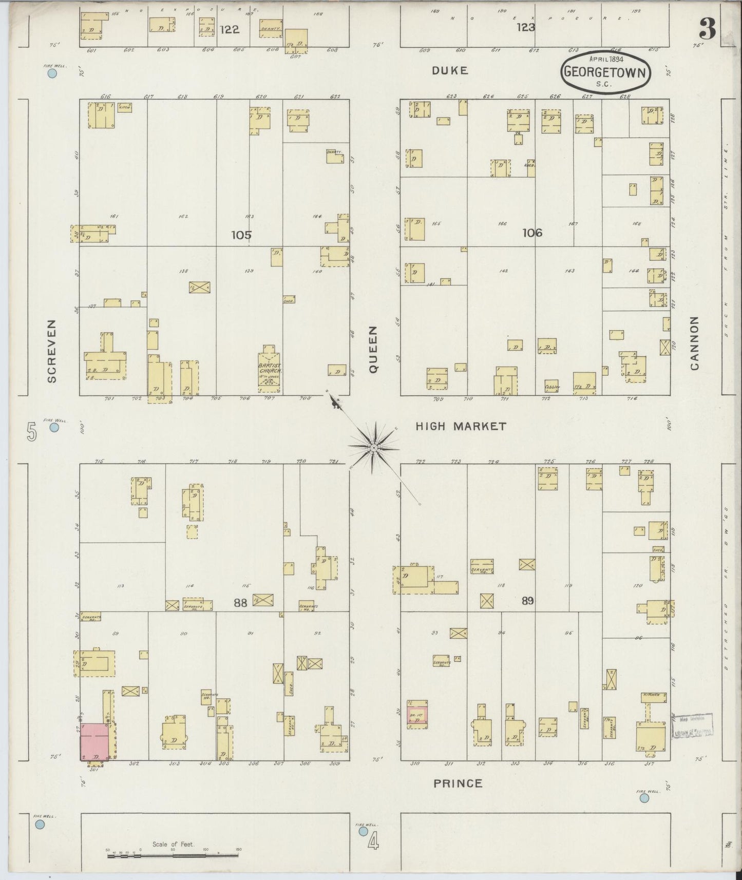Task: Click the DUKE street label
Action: pyautogui.click(x=450, y=71)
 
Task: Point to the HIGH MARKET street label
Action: pyautogui.click(x=461, y=426)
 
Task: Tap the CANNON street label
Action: pyautogui.click(x=695, y=343)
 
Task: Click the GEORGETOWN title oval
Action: pyautogui.click(x=605, y=72)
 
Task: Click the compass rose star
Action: pyautogui.click(x=374, y=448)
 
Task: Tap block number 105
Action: pyautogui.click(x=241, y=235)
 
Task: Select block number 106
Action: pyautogui.click(x=532, y=233)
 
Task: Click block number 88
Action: pyautogui.click(x=240, y=603)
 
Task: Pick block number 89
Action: pyautogui.click(x=527, y=600)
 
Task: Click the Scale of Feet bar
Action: pyautogui.click(x=173, y=854)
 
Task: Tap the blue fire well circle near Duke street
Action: pyautogui.click(x=52, y=73)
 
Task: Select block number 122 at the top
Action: pyautogui.click(x=229, y=30)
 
